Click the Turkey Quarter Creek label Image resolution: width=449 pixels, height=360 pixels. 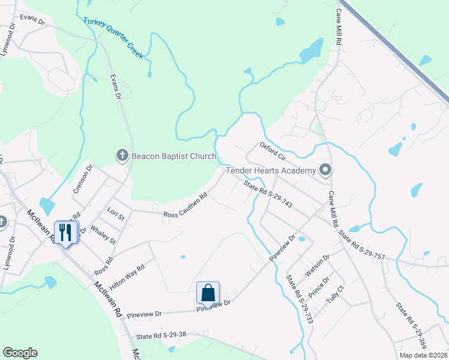pyautogui.click(x=113, y=38)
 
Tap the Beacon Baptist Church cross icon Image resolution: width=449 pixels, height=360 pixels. pyautogui.click(x=122, y=156)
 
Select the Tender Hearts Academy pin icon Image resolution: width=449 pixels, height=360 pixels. pyautogui.click(x=325, y=170)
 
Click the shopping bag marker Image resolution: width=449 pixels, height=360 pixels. pyautogui.click(x=208, y=293)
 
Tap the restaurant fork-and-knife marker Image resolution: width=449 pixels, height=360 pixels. pyautogui.click(x=65, y=232)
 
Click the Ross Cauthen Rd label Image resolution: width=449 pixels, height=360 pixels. pyautogui.click(x=185, y=206)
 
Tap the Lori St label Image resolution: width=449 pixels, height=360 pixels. pyautogui.click(x=115, y=213)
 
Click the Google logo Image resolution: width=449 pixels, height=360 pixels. pyautogui.click(x=20, y=353)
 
